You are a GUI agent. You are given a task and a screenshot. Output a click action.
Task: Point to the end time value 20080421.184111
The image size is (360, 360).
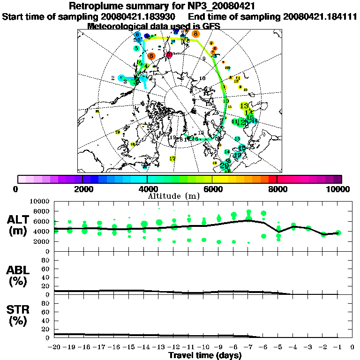[x=320, y=16]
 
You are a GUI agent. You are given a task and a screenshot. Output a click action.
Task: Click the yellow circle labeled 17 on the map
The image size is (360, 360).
[x=172, y=159]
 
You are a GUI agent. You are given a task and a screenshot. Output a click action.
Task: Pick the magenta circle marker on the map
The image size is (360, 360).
[x=169, y=55]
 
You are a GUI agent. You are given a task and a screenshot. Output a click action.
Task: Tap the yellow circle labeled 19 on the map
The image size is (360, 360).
[x=118, y=132]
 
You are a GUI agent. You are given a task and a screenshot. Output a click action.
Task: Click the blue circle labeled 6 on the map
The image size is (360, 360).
[x=137, y=35]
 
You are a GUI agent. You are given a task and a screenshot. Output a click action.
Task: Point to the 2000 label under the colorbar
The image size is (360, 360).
[x=82, y=189]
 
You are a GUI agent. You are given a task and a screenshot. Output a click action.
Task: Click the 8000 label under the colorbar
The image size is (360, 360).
[x=277, y=189]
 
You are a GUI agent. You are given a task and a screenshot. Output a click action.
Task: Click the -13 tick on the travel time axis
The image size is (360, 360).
[x=159, y=347]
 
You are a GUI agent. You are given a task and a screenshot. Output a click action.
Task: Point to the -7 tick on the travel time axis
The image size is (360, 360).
[x=248, y=347]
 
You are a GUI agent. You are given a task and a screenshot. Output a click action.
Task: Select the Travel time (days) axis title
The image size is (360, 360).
[x=205, y=355]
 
